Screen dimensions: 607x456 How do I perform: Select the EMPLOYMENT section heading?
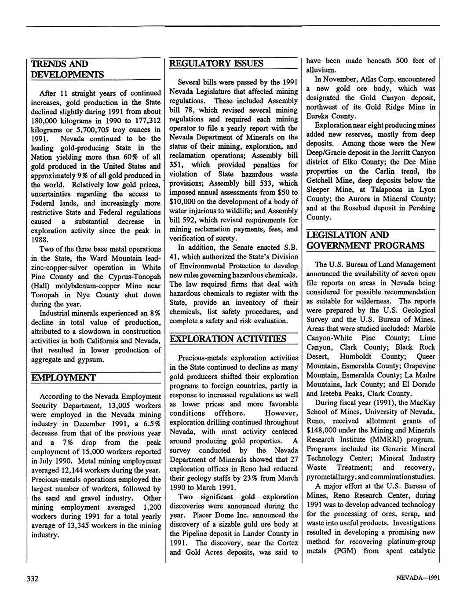pos(64,378)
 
